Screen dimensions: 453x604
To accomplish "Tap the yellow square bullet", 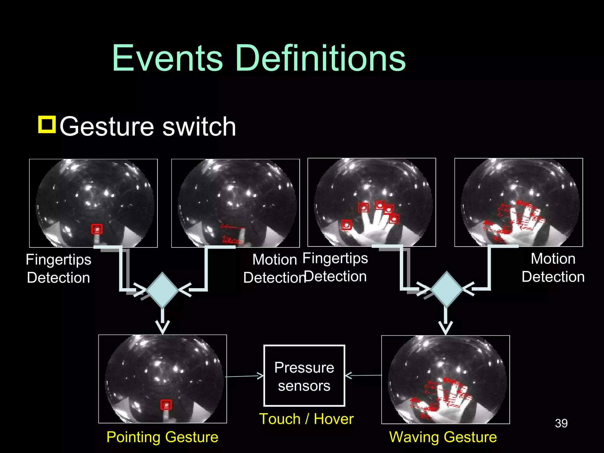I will coord(47,125).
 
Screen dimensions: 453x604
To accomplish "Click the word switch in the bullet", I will coord(199,127).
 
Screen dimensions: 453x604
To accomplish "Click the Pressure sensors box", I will coord(304,375).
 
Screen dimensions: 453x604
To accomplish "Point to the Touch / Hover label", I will coord(306,419).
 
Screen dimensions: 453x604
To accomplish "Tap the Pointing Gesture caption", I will coord(162,437).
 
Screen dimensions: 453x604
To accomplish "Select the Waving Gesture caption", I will coord(443,437).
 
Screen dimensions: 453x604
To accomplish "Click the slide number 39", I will coord(561,424).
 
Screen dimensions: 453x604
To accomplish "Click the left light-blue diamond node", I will coord(162,290).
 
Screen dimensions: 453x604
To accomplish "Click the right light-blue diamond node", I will coord(446,289).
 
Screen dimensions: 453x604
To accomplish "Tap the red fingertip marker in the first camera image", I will coord(97,229).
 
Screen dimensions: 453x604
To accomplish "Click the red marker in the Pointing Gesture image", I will coord(166,405).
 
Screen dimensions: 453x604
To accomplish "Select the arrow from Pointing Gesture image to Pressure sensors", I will coord(245,376).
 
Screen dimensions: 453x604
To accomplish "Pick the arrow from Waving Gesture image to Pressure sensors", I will coord(363,375).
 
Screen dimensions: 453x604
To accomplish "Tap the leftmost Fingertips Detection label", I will coord(58,268).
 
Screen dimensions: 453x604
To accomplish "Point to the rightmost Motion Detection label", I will coord(553,267).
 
